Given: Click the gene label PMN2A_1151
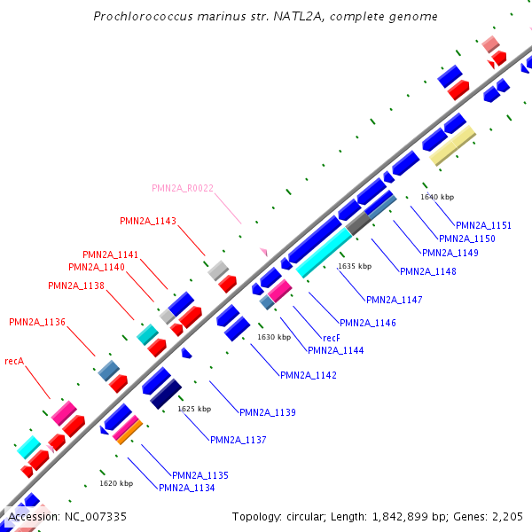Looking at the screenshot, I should [483, 225].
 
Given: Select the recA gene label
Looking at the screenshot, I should [13, 362].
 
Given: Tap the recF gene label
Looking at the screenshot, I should [332, 338].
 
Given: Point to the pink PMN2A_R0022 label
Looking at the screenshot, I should [183, 188].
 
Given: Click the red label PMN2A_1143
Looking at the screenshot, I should [148, 221].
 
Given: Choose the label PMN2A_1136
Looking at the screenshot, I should [37, 322].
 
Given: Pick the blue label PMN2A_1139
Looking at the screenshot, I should [268, 412].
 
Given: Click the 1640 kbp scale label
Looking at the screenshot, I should [437, 197].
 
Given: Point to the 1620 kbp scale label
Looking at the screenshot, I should [116, 483].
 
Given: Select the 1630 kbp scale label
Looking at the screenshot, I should [274, 337].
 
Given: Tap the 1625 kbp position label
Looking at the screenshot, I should [194, 409].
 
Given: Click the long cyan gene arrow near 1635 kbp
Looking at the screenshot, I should [323, 252].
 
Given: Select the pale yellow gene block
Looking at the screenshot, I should [452, 145].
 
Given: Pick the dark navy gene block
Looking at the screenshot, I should [166, 394].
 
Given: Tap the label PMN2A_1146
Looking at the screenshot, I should [368, 323].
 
